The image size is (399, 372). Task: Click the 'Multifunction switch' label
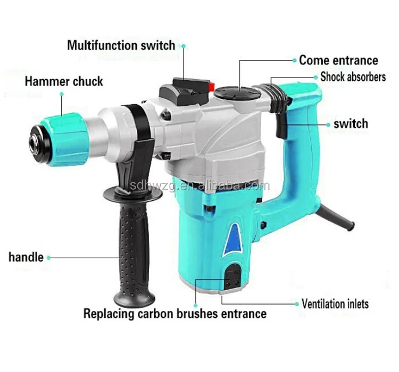click(x=121, y=45)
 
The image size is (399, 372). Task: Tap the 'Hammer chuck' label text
click(x=64, y=81)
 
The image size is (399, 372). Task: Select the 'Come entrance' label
click(x=338, y=60)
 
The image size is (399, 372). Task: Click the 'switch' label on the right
click(x=351, y=124)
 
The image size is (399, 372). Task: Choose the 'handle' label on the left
click(x=26, y=257)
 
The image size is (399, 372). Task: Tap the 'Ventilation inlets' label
click(x=335, y=305)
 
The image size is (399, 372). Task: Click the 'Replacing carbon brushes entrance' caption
click(x=175, y=313)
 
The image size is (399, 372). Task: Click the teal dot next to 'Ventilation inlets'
click(x=296, y=305)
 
